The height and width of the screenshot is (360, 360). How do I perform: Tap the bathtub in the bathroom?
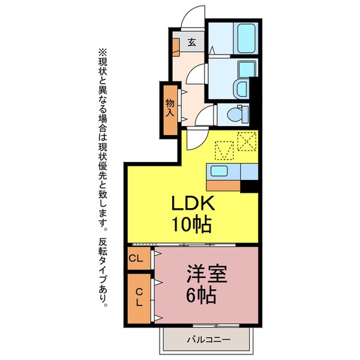[247, 39]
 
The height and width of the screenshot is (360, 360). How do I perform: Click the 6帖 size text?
[201, 295]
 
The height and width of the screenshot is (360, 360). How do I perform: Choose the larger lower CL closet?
[138, 298]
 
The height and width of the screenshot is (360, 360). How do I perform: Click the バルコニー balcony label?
[205, 340]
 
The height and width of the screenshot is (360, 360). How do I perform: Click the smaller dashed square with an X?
[246, 142]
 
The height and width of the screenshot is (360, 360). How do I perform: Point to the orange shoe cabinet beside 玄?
[176, 47]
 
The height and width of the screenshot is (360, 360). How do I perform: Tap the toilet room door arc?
[207, 117]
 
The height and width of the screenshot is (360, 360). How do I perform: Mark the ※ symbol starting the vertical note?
[101, 52]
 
